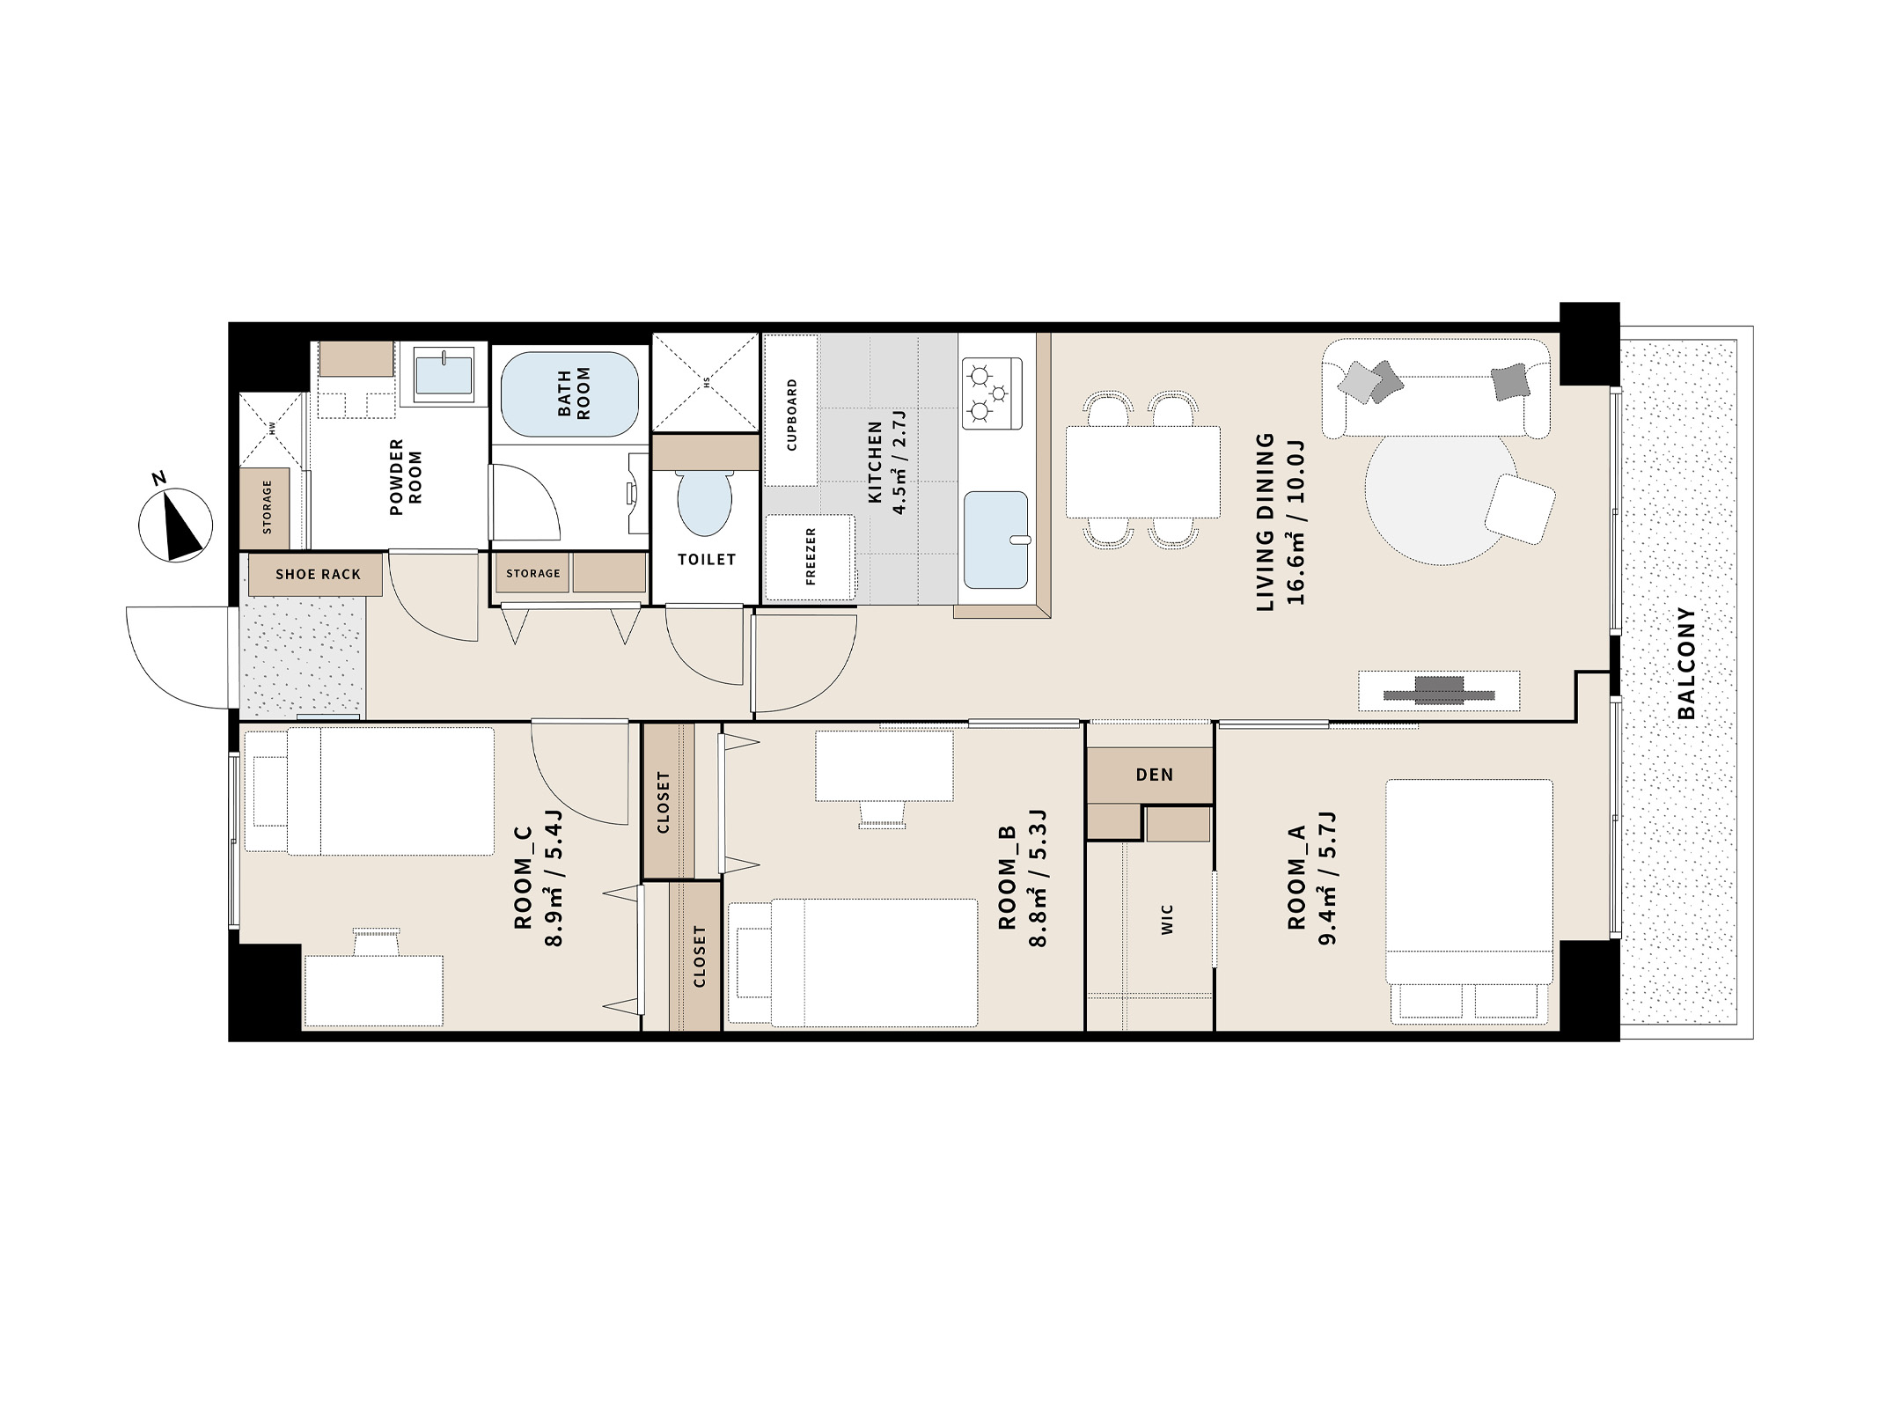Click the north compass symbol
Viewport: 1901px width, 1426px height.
click(x=176, y=524)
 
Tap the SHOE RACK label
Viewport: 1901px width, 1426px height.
click(x=318, y=575)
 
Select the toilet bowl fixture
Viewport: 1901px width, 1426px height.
click(x=704, y=503)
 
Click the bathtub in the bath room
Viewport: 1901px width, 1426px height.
click(x=570, y=393)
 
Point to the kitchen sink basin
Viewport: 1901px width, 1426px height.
click(x=995, y=540)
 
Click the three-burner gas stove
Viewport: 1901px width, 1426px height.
click(x=992, y=393)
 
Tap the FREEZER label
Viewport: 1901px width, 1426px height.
click(x=811, y=556)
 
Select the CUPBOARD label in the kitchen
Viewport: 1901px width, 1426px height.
click(x=791, y=415)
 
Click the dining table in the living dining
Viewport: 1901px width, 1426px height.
click(x=1142, y=472)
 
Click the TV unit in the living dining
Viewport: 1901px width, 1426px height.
click(x=1439, y=691)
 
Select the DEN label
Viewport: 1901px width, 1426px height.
click(x=1154, y=775)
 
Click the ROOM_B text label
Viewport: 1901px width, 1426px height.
click(x=1008, y=878)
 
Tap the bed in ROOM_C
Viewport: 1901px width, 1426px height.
click(x=369, y=791)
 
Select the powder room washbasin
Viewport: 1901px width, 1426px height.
click(x=444, y=374)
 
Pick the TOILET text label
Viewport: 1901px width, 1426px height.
click(x=707, y=559)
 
